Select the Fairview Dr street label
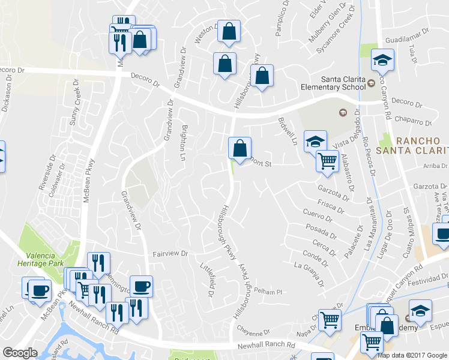[x=170, y=254]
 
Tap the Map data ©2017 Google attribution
[x=412, y=355]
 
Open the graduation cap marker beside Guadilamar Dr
[x=382, y=59]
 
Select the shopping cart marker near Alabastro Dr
[x=328, y=160]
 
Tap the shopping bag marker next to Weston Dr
[x=229, y=31]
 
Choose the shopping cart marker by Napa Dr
[x=330, y=319]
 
